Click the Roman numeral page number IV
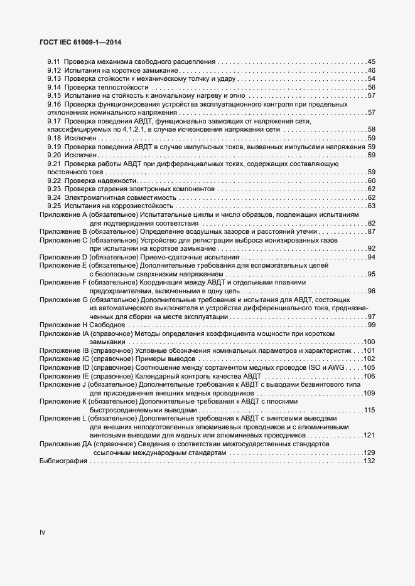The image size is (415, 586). (x=43, y=533)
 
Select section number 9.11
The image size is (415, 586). (x=53, y=62)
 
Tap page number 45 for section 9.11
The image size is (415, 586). (x=371, y=62)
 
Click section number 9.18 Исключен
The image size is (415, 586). (x=53, y=138)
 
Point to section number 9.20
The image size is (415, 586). (x=53, y=155)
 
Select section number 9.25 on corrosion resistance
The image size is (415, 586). (x=53, y=206)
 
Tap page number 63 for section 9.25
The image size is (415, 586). (x=371, y=206)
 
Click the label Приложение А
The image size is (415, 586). (x=63, y=215)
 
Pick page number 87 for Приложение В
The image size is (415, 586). (x=371, y=232)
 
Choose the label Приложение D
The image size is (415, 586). (x=63, y=257)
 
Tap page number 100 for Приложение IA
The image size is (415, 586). (x=369, y=342)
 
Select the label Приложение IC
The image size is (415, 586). (x=63, y=358)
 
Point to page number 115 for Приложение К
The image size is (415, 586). (x=369, y=410)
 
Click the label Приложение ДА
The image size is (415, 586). (x=65, y=444)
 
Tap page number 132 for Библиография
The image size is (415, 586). (x=369, y=461)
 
